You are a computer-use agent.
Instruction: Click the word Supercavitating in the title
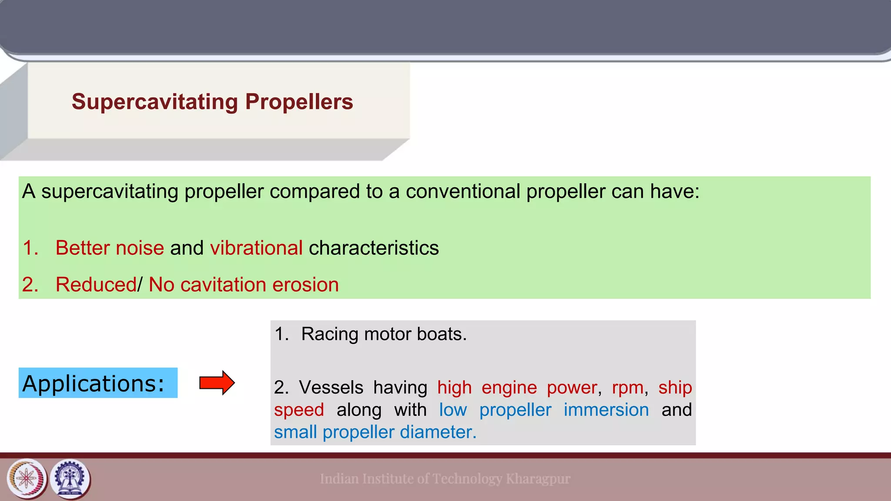coord(155,102)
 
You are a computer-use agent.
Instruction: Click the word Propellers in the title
coord(299,102)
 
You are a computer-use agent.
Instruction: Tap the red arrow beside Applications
coord(217,383)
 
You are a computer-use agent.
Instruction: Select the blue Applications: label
coord(98,383)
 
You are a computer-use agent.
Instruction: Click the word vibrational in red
coord(256,248)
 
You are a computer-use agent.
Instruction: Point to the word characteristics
coord(374,248)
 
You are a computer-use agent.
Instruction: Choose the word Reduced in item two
coord(96,285)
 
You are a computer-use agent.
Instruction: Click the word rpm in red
coord(627,387)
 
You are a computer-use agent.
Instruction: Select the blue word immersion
coord(606,410)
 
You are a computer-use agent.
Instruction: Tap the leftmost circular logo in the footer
coord(27,479)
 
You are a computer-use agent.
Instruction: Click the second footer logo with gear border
coord(70,479)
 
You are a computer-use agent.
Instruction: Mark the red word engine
coord(509,387)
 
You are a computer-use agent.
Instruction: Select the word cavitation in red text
coord(223,285)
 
